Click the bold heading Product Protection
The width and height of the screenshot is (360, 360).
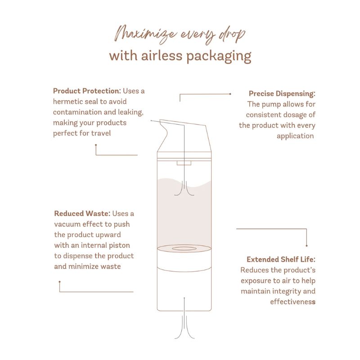point(87,91)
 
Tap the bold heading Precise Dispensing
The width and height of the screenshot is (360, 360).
point(282,94)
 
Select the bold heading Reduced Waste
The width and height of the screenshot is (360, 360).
point(82,213)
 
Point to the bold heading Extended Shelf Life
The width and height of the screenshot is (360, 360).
point(281,260)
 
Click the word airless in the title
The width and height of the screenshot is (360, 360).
point(162,56)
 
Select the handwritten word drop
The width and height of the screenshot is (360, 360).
point(232,35)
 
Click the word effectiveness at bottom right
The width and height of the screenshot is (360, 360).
point(293,301)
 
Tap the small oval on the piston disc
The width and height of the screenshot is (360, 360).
point(184,248)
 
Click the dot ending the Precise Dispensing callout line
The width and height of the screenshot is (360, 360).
point(230,94)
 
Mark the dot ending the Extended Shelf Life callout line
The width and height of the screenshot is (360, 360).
point(307,246)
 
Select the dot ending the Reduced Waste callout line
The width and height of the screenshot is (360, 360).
point(60,282)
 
